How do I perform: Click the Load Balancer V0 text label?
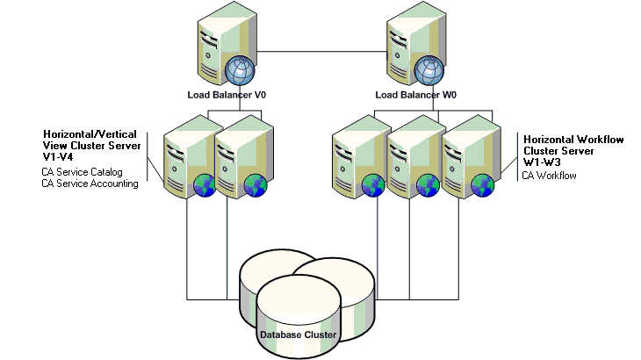[x=226, y=94]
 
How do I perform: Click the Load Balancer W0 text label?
[x=415, y=94]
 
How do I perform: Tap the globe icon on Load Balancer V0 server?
[x=239, y=70]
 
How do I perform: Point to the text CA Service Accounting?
[x=90, y=184]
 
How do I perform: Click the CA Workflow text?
[x=549, y=176]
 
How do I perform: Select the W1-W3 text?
[x=541, y=162]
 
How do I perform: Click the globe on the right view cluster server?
[x=256, y=184]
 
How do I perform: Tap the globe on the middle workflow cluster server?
[x=429, y=184]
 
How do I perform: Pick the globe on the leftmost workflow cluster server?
[x=375, y=184]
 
